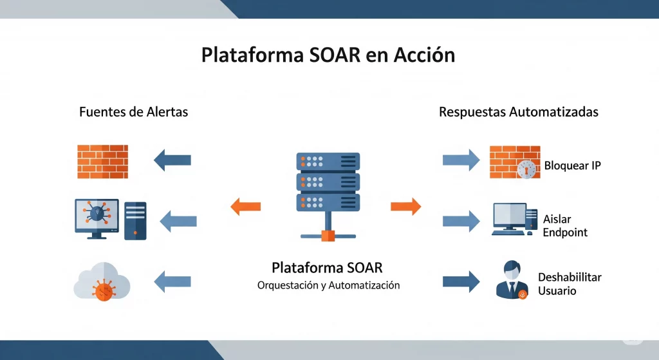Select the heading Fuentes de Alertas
pyautogui.click(x=133, y=111)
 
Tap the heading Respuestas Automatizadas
pyautogui.click(x=519, y=111)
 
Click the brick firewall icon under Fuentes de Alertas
pyautogui.click(x=103, y=161)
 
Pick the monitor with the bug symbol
pyautogui.click(x=97, y=218)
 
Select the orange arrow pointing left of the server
pyautogui.click(x=245, y=206)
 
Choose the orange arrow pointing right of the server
pyautogui.click(x=406, y=206)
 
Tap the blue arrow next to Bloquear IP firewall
pyautogui.click(x=461, y=160)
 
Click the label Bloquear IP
pyautogui.click(x=572, y=166)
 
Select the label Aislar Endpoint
pyautogui.click(x=564, y=225)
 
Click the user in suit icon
pyautogui.click(x=513, y=279)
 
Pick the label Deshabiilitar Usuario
pyautogui.click(x=569, y=284)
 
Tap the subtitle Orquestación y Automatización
pyautogui.click(x=328, y=285)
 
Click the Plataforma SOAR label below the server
pyautogui.click(x=327, y=267)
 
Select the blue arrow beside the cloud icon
pyautogui.click(x=172, y=281)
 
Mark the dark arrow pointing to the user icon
pyautogui.click(x=461, y=281)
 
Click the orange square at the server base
pyautogui.click(x=328, y=235)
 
